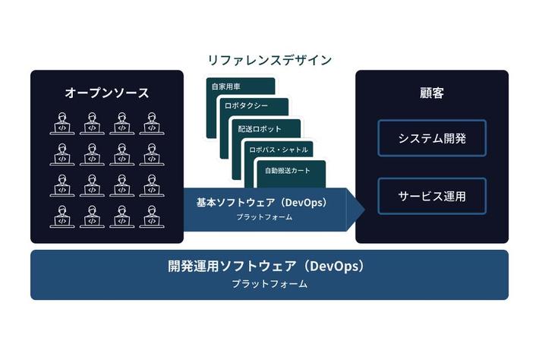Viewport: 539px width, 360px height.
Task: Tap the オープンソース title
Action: tap(106, 93)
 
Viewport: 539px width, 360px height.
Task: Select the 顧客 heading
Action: tap(432, 93)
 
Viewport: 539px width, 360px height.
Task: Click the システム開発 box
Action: tap(432, 138)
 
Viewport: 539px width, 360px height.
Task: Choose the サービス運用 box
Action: tap(432, 196)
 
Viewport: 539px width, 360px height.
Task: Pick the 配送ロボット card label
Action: tap(258, 129)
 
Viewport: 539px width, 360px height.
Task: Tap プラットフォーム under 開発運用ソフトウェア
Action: tap(269, 284)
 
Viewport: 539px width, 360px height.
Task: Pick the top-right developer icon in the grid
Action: tap(151, 122)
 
